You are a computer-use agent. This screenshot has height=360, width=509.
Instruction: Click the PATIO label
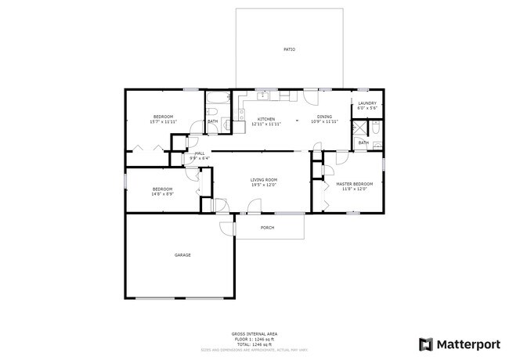click(289, 49)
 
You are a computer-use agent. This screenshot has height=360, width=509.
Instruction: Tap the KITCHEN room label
click(265, 119)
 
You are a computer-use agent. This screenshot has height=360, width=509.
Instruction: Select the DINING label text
click(324, 117)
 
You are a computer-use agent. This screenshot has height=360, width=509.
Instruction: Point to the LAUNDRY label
click(367, 103)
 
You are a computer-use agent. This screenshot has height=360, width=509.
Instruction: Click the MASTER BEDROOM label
click(354, 184)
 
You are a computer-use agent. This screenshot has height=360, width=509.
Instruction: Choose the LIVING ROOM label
click(264, 179)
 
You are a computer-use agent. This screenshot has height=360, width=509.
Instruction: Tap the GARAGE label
click(182, 254)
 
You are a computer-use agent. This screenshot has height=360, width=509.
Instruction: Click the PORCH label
click(267, 228)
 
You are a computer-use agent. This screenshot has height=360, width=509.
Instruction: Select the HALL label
click(200, 153)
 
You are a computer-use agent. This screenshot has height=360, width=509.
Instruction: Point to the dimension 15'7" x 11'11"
click(163, 122)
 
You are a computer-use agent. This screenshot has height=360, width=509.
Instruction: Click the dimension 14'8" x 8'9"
click(162, 193)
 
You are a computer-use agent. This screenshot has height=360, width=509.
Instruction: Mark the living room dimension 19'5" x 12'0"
click(264, 185)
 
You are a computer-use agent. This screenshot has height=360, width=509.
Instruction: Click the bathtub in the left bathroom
click(217, 99)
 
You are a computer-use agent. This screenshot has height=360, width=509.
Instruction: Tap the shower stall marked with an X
click(359, 128)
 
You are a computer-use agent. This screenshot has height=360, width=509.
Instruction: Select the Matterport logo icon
click(426, 344)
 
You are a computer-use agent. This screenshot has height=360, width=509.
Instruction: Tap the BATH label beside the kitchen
click(212, 121)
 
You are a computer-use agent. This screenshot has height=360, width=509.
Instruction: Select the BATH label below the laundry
click(363, 142)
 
